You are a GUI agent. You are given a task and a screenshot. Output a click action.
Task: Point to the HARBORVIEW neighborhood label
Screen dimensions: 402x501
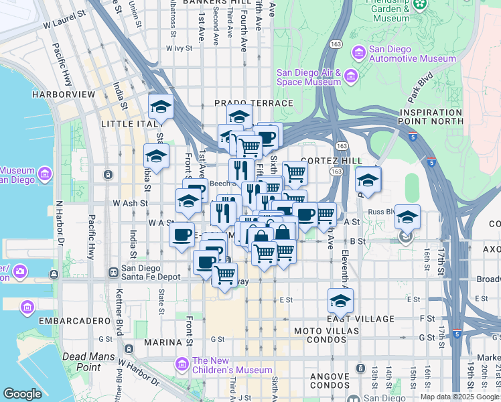[x=63, y=94]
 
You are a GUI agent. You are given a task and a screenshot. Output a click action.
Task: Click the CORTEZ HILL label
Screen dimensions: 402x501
[x=331, y=161]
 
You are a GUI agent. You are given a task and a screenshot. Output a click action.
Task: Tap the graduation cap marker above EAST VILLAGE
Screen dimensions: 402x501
[x=340, y=301]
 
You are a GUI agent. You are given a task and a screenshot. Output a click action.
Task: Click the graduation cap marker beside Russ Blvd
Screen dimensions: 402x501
[x=407, y=217]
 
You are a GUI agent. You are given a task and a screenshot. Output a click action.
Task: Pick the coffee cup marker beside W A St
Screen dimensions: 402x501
[x=182, y=234]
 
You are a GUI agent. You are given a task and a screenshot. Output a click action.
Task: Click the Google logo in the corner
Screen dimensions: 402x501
[x=22, y=394]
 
